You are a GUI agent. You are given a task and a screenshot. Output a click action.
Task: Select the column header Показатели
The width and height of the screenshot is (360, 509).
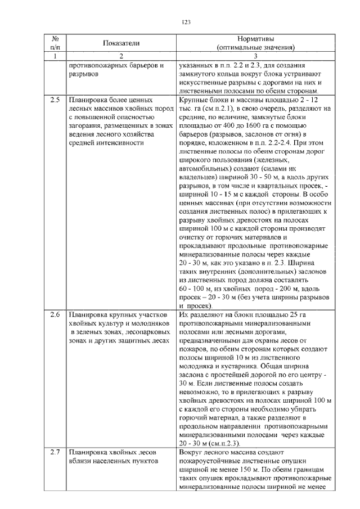tap(120, 43)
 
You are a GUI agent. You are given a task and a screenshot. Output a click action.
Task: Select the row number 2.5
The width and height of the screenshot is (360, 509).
tap(55, 100)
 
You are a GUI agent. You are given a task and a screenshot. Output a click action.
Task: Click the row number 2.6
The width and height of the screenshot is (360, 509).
tap(55, 315)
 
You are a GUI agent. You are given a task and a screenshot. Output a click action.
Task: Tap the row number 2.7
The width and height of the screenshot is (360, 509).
tap(55, 452)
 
